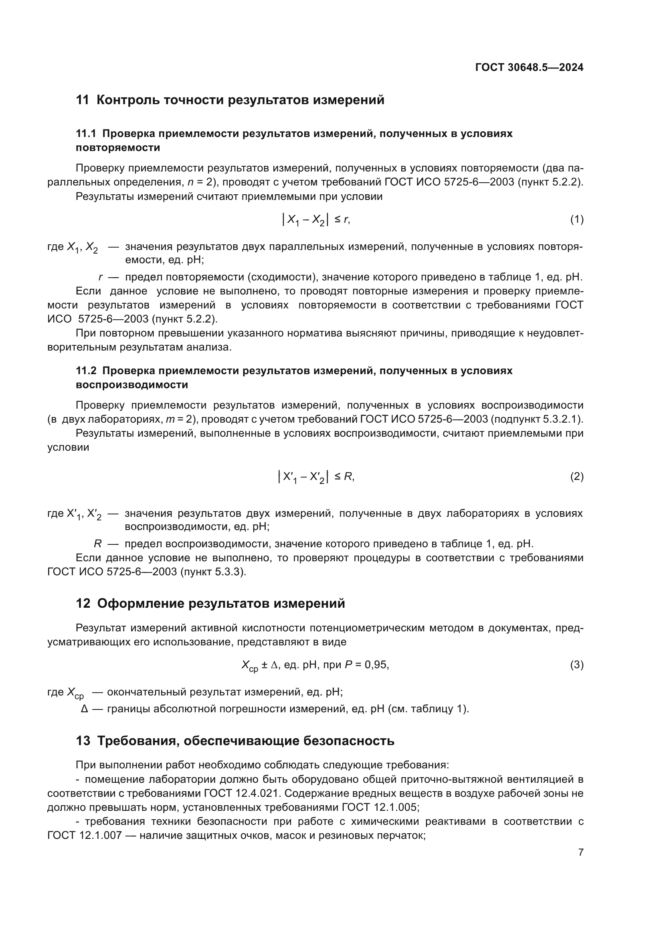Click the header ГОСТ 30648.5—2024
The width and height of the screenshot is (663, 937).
(x=529, y=68)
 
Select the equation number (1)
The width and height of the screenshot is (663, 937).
(x=576, y=220)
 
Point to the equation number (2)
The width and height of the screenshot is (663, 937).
(x=576, y=476)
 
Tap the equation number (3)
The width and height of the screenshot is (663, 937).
(x=576, y=665)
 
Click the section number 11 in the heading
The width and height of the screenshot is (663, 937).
(x=82, y=100)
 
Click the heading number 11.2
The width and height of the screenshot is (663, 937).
(x=86, y=371)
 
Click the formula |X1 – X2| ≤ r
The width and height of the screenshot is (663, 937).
(x=315, y=220)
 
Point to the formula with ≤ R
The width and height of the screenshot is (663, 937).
(x=315, y=476)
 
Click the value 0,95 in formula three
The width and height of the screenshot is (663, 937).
(x=376, y=665)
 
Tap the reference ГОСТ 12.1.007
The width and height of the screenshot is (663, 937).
(x=85, y=835)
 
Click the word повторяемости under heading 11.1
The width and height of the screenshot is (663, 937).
(x=118, y=148)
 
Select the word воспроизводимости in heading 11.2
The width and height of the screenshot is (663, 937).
(x=132, y=385)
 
